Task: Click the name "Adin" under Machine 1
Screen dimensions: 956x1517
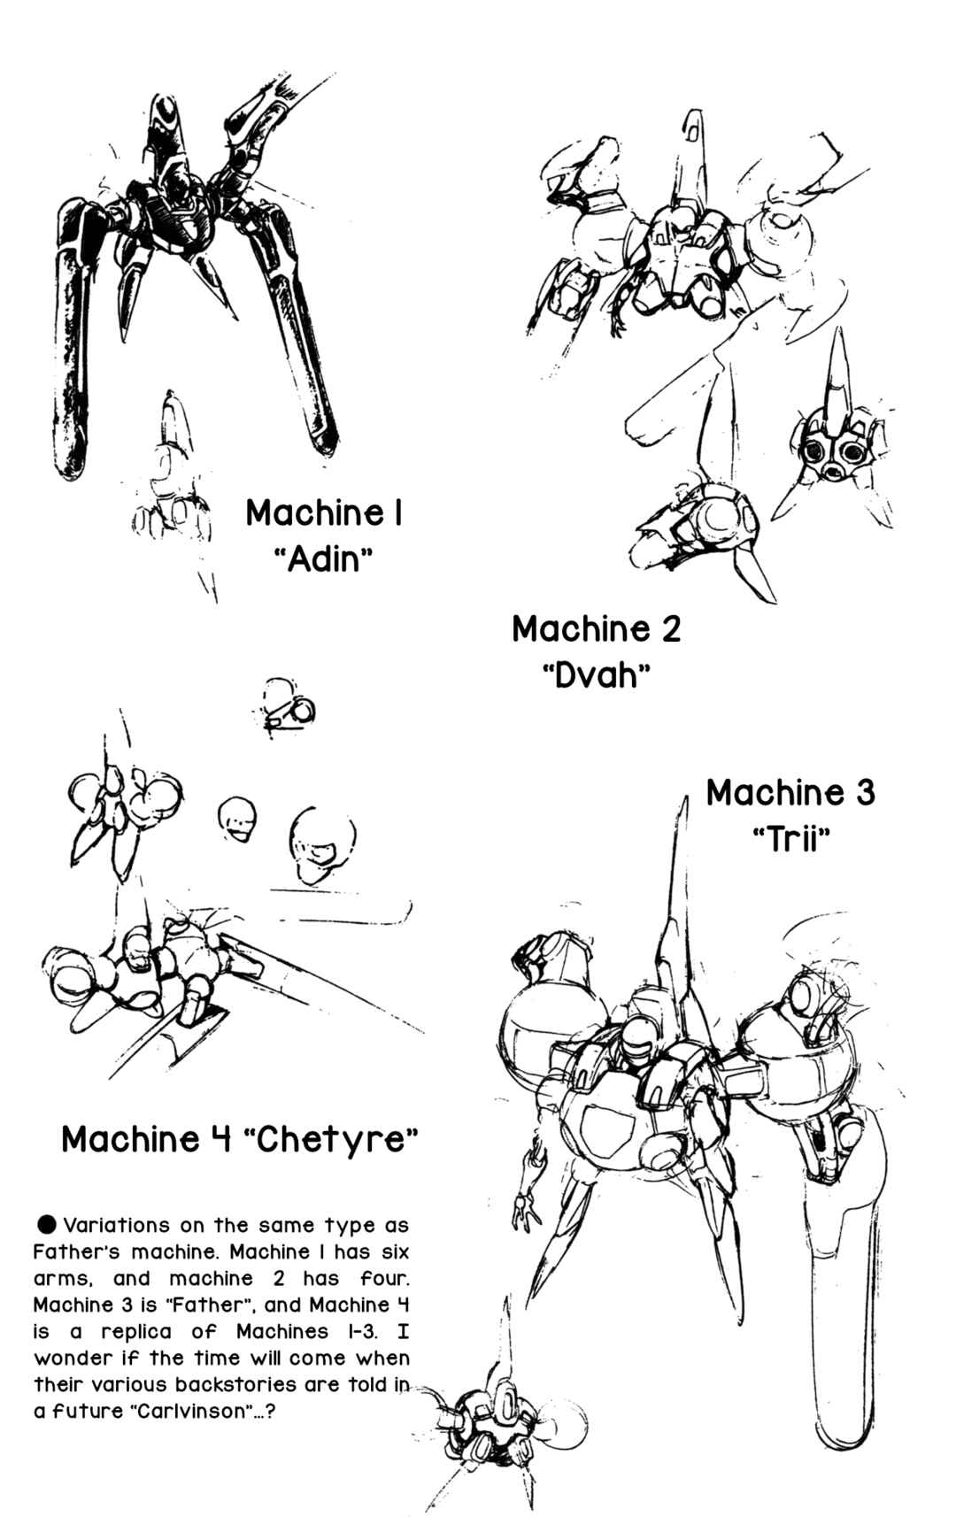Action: [324, 559]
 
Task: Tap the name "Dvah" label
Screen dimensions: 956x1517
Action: [597, 675]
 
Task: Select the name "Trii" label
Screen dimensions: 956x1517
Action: [791, 841]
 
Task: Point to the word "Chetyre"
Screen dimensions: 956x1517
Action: [330, 1138]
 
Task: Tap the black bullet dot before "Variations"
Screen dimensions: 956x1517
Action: [48, 1224]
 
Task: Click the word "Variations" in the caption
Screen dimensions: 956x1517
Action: [116, 1225]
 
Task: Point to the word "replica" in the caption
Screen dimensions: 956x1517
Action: [135, 1331]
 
